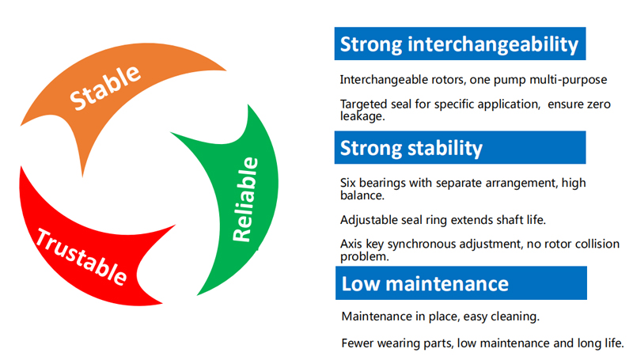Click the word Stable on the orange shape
(x=105, y=87)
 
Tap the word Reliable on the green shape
(x=245, y=199)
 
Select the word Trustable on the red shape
(x=81, y=256)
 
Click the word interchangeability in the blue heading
(x=493, y=44)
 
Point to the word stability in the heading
(x=445, y=148)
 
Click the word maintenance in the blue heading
(x=447, y=284)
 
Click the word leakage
(x=362, y=116)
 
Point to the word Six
(x=347, y=183)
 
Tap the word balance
(x=362, y=195)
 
